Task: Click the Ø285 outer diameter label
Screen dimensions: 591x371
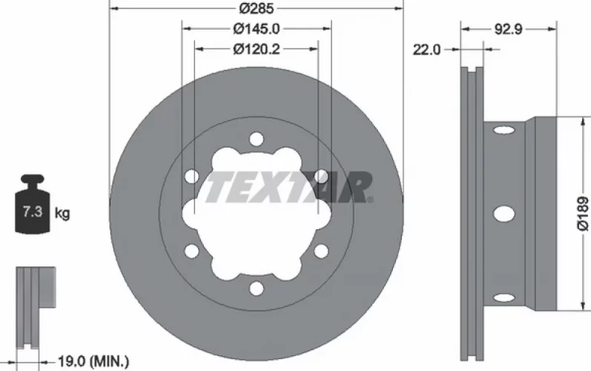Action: tap(257, 8)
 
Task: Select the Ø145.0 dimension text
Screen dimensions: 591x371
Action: tap(257, 29)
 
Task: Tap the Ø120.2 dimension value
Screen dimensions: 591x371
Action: tap(257, 49)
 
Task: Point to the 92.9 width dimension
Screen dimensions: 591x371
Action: tap(508, 29)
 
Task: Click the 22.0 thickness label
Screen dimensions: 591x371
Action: tap(426, 50)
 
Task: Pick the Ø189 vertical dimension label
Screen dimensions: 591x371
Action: tap(583, 213)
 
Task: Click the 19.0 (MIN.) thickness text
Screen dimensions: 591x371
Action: tap(93, 362)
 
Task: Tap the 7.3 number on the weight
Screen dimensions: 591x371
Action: tap(33, 211)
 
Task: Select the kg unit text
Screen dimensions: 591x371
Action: tap(62, 213)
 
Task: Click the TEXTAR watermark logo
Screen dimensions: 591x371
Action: tap(288, 188)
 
